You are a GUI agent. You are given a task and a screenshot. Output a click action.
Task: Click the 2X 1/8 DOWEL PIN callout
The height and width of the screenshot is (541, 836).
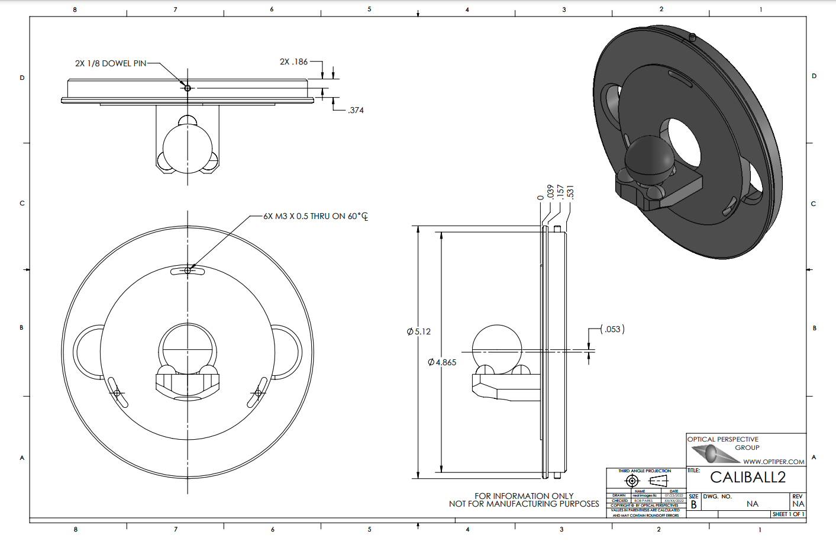pos(111,63)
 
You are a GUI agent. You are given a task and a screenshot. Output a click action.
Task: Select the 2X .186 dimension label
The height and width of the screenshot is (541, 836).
pos(293,62)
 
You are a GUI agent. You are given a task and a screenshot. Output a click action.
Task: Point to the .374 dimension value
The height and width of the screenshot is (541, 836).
pos(356,110)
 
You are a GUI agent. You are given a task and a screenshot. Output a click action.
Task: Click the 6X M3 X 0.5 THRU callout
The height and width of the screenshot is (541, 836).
pos(315,217)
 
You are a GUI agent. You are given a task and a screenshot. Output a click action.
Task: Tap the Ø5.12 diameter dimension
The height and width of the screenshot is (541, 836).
pos(419,331)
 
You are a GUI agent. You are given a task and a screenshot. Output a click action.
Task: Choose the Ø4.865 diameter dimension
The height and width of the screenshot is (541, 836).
pos(442,362)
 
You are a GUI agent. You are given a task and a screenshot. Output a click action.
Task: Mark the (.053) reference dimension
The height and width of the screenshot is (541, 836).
pos(612,329)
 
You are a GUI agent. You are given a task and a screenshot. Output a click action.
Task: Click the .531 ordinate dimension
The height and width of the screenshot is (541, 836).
pos(570,192)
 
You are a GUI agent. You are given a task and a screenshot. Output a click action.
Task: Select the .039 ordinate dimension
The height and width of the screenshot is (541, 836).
pos(550,192)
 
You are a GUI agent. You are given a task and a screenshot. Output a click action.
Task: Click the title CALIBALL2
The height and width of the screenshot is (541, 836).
pos(747,477)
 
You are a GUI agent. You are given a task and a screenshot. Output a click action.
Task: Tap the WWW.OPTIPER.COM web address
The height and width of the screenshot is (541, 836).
pos(773,462)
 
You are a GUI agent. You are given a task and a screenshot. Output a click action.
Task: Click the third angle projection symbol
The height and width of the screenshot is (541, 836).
pos(644,481)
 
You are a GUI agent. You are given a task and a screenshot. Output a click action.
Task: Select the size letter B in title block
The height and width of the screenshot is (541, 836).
pos(693,505)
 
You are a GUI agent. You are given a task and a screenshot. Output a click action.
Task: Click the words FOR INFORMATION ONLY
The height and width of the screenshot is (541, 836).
pos(524,496)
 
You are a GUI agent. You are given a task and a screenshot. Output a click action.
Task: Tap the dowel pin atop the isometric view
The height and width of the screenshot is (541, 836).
pos(692,37)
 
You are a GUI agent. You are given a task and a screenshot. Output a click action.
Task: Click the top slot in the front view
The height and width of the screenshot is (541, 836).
pos(188,271)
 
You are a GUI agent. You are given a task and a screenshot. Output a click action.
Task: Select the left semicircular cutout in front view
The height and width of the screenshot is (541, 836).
pos(86,352)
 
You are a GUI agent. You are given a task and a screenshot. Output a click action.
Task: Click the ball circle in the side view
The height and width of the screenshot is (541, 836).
pos(497,349)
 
